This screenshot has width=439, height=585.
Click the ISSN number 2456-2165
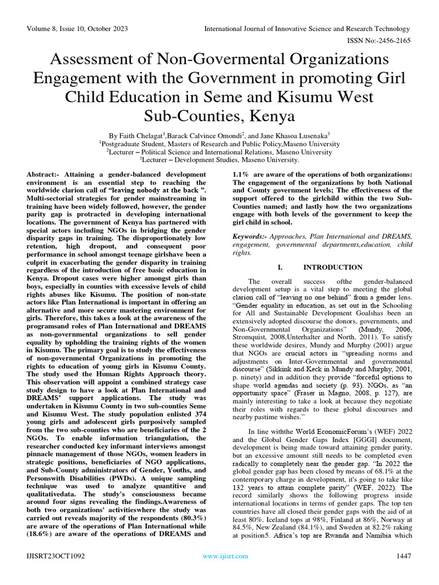point(393,41)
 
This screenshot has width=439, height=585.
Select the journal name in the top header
point(308,29)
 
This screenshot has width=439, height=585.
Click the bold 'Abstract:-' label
point(46,173)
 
